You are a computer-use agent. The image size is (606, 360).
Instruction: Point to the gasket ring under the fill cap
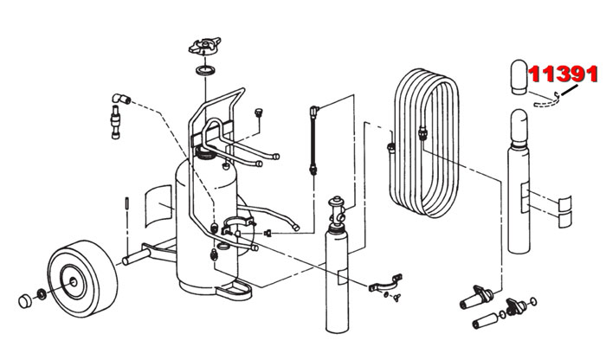coord(205,69)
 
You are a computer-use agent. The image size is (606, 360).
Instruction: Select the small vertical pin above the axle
coord(127,205)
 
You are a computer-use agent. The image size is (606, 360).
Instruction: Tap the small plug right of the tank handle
coord(258,113)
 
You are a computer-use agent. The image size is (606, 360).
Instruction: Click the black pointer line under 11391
coord(567,92)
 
